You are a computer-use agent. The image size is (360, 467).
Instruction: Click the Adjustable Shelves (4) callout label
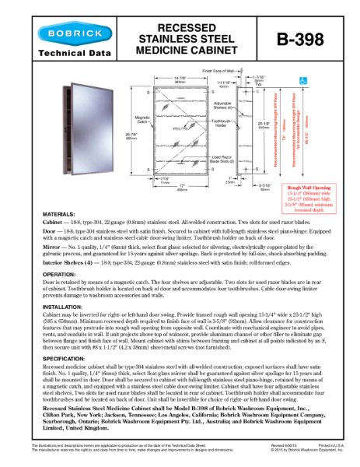(x=222, y=106)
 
